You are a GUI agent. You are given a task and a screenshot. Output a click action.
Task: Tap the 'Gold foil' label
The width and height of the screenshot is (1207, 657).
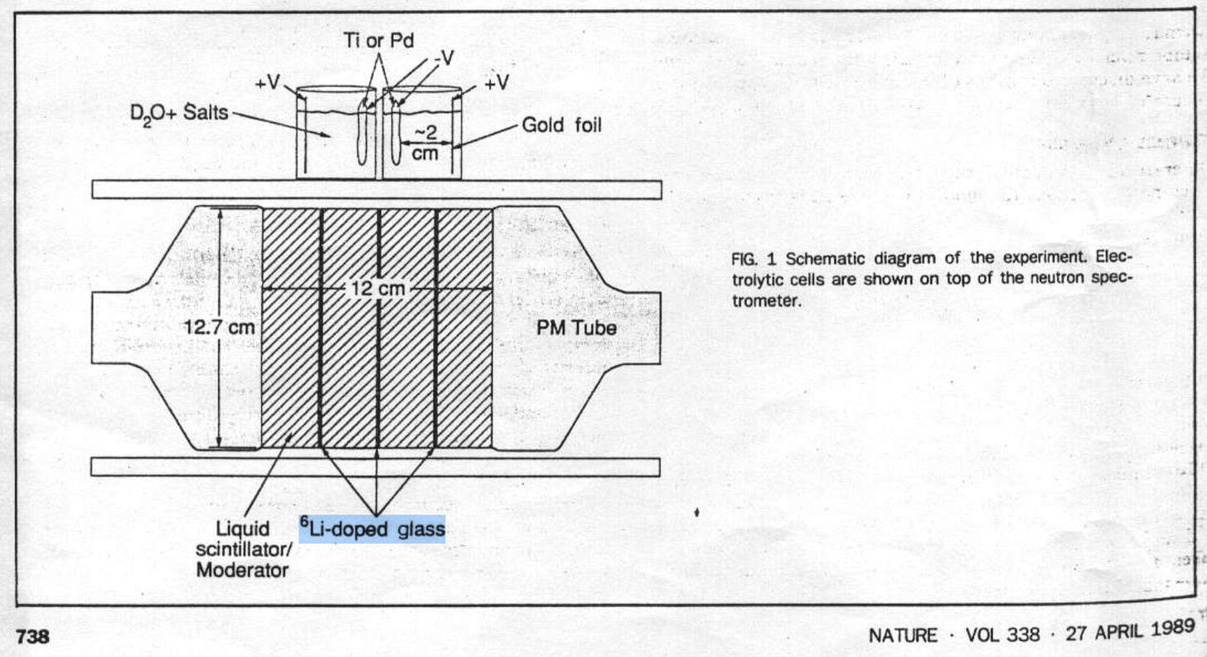pyautogui.click(x=561, y=126)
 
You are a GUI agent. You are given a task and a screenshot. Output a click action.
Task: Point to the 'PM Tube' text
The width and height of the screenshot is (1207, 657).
pyautogui.click(x=577, y=328)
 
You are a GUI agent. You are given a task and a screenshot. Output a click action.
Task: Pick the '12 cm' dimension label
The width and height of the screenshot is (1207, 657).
pyautogui.click(x=377, y=289)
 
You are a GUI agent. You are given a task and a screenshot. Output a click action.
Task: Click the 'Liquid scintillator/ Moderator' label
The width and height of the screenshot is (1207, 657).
pyautogui.click(x=243, y=548)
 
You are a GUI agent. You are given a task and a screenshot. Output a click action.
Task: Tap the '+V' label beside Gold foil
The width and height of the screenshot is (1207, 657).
pyautogui.click(x=497, y=83)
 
